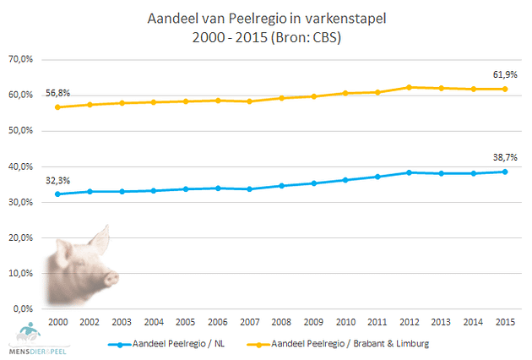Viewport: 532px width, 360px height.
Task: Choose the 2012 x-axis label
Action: pyautogui.click(x=410, y=322)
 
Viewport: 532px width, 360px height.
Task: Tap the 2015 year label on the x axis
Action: pyautogui.click(x=506, y=322)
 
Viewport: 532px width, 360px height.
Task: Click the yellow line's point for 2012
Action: pyautogui.click(x=410, y=87)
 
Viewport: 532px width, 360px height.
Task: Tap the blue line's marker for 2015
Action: pyautogui.click(x=506, y=172)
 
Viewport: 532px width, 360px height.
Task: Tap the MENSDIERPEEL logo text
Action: pyautogui.click(x=29, y=351)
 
